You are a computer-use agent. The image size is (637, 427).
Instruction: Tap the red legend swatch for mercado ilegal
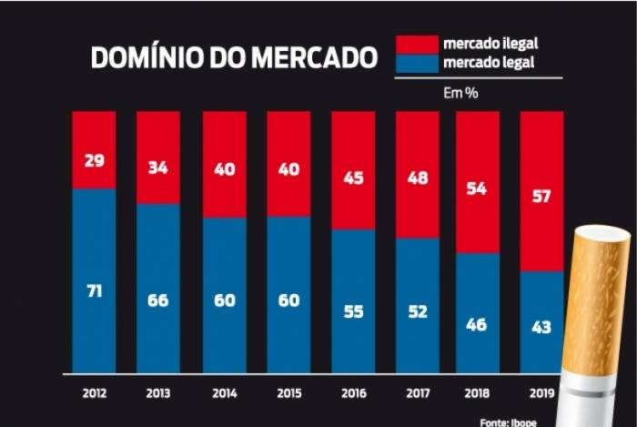pyautogui.click(x=416, y=45)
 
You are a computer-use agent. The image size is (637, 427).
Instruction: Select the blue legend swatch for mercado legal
pyautogui.click(x=416, y=63)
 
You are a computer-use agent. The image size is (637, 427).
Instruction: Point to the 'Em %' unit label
pyautogui.click(x=460, y=92)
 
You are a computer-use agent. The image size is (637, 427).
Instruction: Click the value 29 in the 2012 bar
pyautogui.click(x=95, y=159)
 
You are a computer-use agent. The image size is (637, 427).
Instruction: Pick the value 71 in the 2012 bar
pyautogui.click(x=95, y=292)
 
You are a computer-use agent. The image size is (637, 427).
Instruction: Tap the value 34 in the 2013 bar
pyautogui.click(x=157, y=168)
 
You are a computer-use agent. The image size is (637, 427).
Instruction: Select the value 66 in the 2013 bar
pyautogui.click(x=157, y=300)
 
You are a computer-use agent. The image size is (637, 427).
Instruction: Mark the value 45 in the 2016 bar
pyautogui.click(x=354, y=178)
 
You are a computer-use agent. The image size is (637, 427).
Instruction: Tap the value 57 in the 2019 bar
pyautogui.click(x=541, y=197)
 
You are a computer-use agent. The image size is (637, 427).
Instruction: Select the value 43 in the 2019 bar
pyautogui.click(x=541, y=327)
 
